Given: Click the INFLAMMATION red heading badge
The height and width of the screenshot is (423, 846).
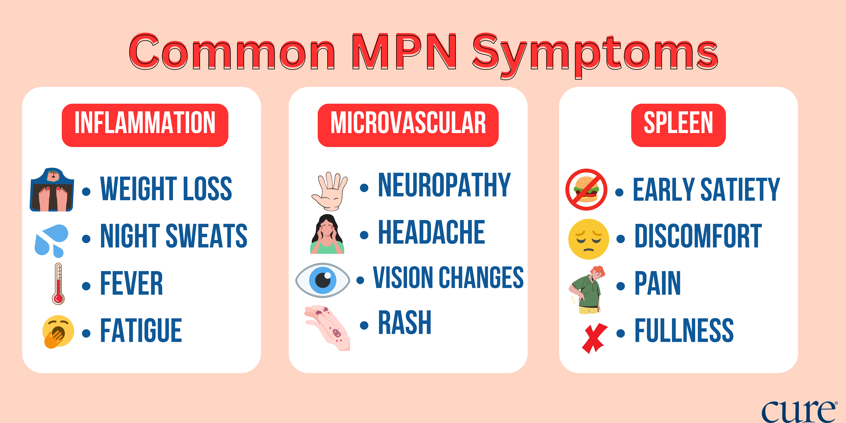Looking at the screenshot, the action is [145, 125].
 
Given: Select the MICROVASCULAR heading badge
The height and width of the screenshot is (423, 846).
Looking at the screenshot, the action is [408, 125].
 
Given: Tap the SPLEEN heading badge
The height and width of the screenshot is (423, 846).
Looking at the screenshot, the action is [678, 125].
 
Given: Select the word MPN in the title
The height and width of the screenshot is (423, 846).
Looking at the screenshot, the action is [404, 52].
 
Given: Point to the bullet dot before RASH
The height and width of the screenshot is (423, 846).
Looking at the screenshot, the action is [364, 325].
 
